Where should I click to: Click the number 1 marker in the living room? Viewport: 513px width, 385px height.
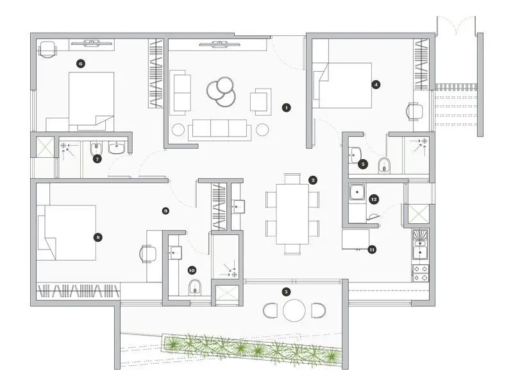click(x=286, y=108)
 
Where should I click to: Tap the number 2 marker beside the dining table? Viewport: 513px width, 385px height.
click(x=313, y=180)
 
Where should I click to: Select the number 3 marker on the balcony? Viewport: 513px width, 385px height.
click(x=285, y=291)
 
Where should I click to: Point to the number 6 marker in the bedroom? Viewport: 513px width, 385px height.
click(x=80, y=64)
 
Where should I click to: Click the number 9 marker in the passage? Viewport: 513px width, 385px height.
click(x=165, y=210)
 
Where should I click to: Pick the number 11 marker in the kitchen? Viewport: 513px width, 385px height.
click(x=371, y=250)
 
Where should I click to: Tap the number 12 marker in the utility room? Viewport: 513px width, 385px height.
click(x=374, y=200)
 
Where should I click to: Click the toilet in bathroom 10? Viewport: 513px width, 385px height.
click(x=196, y=286)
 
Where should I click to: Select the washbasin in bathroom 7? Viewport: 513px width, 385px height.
click(x=117, y=149)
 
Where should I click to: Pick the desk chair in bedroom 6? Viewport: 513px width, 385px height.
click(x=49, y=49)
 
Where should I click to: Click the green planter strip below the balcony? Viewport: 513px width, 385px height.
click(x=250, y=349)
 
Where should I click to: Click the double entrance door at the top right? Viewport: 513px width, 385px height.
click(x=456, y=26)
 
